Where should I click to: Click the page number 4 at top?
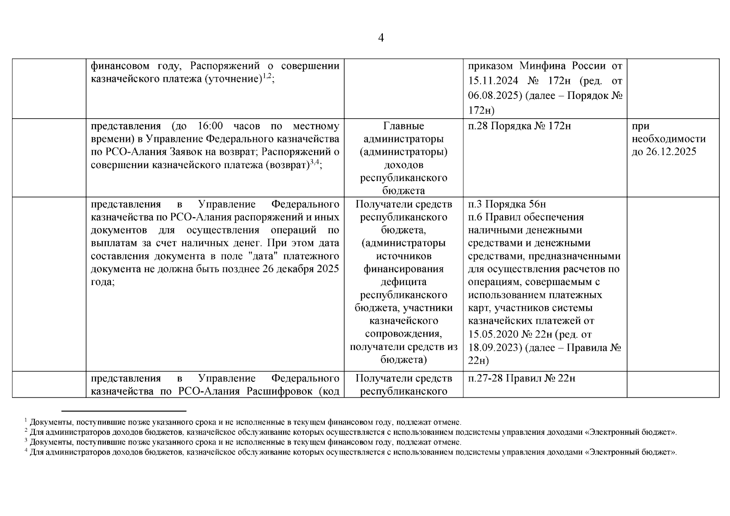click(381, 38)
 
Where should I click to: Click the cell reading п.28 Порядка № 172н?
click(519, 126)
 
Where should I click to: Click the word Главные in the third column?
click(403, 126)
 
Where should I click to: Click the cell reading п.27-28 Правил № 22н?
click(521, 378)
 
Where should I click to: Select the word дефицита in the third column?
click(403, 282)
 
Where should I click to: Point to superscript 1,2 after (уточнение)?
click(267, 76)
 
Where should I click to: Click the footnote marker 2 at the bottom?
click(26, 430)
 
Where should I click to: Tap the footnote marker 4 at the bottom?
click(26, 450)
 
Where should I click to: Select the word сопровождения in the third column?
click(403, 334)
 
